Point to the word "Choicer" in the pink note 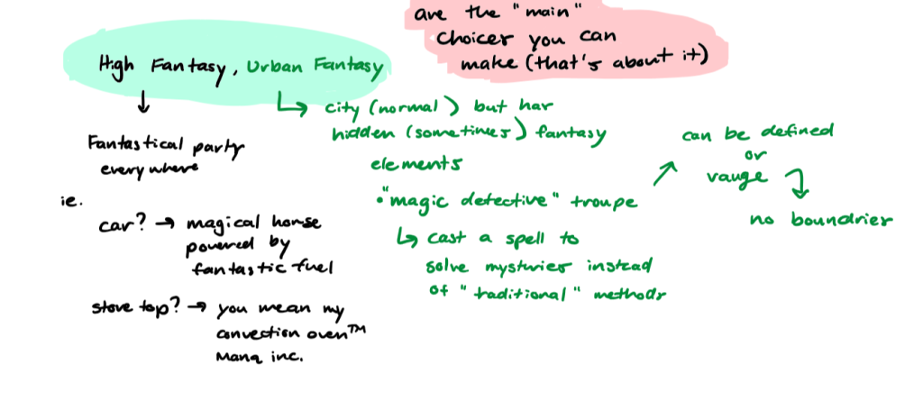tap(474, 39)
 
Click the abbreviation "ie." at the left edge tap(62, 199)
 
